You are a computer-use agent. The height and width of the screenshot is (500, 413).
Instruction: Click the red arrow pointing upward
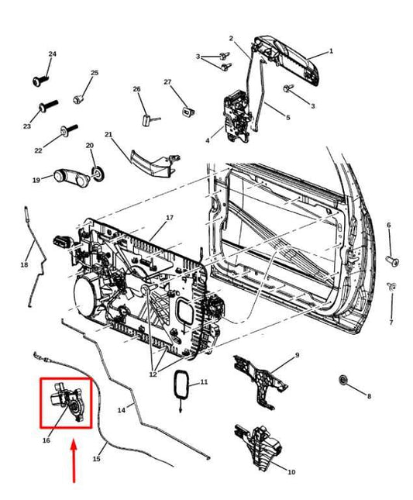[74, 460]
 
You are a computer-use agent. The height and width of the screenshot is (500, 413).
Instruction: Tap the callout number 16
[46, 440]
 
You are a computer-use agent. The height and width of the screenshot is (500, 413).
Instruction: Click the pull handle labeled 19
[67, 178]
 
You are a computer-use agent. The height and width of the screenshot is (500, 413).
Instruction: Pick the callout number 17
[169, 218]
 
